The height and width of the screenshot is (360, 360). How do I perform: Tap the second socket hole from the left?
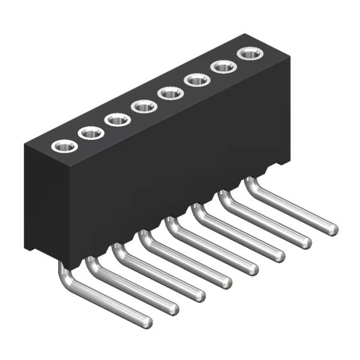91,133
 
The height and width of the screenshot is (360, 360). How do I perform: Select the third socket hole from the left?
118,119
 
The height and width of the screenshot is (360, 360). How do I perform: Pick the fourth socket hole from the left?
144,107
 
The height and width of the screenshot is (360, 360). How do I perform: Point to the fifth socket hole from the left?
170,94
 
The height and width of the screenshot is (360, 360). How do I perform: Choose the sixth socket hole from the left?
197,80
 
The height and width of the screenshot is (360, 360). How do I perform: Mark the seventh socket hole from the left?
224,67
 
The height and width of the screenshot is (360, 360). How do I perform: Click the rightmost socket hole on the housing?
250,54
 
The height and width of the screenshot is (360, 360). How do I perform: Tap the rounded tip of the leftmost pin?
147,323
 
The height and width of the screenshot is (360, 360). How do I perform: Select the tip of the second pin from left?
173,309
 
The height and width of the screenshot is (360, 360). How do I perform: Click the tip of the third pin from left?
200,296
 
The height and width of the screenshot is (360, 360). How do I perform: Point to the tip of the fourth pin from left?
227,283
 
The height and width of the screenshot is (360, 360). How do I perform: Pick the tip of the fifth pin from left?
253,269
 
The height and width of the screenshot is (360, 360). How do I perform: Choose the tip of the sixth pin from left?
280,256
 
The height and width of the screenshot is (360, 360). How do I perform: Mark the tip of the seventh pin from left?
306,242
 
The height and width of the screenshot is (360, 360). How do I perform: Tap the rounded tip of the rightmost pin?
333,229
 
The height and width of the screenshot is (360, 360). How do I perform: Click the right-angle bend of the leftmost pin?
67,279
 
